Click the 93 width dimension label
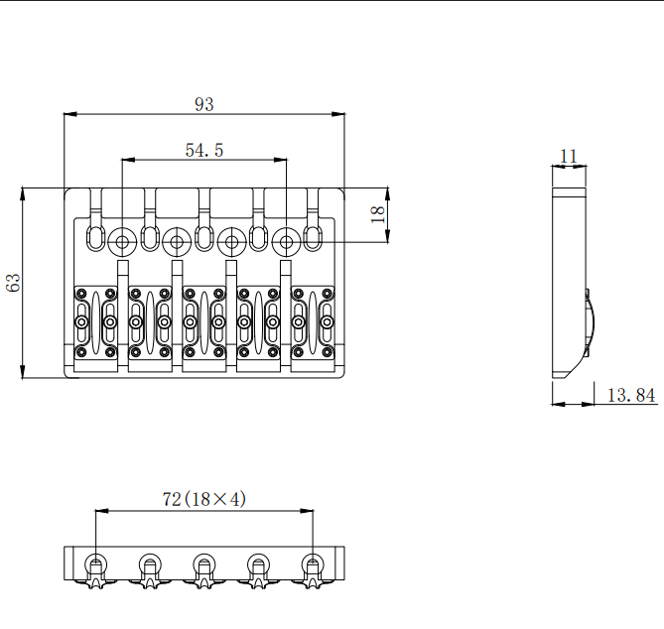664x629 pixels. (204, 104)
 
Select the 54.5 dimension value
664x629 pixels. (204, 150)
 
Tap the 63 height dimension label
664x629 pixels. (13, 283)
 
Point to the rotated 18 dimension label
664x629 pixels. (377, 214)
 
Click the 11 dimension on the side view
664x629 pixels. (569, 157)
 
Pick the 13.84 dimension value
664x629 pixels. (631, 395)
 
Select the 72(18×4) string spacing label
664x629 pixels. (204, 499)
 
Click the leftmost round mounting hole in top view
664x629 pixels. (122, 242)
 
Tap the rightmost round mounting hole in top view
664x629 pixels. (286, 242)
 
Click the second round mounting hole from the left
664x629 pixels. (177, 242)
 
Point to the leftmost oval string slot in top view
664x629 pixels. (96, 237)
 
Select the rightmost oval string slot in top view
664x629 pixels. (313, 237)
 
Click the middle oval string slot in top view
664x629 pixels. (204, 237)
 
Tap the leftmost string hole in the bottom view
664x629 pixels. (96, 566)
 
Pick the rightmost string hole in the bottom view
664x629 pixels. (313, 566)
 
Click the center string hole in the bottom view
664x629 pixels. (204, 566)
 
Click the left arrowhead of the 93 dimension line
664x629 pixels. (70, 114)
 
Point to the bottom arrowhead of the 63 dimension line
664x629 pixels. (23, 371)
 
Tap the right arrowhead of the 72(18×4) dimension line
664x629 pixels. (307, 511)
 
